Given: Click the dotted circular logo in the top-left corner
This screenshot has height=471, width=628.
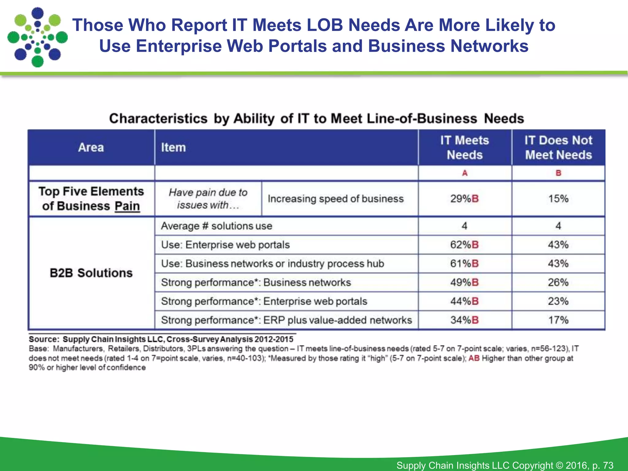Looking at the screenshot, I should (x=37, y=37).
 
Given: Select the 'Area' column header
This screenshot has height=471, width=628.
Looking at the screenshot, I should (x=91, y=147).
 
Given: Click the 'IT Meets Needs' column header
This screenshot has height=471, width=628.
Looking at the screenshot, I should (x=465, y=147).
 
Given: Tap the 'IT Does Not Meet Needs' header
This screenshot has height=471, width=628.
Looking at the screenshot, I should (x=558, y=147).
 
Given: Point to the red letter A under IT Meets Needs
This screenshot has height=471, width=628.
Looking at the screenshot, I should (x=465, y=173).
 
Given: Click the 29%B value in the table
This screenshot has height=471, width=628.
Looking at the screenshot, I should (x=464, y=199).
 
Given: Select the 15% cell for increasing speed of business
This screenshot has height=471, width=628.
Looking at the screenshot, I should (x=558, y=199).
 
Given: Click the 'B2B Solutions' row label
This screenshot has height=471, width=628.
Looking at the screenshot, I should (x=91, y=273).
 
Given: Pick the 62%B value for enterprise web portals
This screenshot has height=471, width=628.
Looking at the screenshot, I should (x=464, y=245).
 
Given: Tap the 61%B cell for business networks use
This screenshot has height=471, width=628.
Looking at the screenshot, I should (x=464, y=263).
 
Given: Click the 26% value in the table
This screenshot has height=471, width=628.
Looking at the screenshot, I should (x=558, y=282).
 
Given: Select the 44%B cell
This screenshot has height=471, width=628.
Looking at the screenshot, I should (x=464, y=301).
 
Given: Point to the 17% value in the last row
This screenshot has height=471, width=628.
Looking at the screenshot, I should (x=558, y=320).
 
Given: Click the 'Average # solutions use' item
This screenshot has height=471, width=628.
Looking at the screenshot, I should (x=216, y=226).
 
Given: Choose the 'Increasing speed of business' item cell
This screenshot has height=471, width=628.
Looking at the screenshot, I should (x=335, y=199).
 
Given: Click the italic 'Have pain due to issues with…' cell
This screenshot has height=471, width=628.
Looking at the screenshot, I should (x=208, y=199).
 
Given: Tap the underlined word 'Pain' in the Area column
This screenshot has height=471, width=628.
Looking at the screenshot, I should (x=127, y=206).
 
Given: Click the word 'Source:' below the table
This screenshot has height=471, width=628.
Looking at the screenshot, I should (x=44, y=339).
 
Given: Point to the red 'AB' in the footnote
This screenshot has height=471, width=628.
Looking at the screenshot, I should (x=474, y=358).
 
